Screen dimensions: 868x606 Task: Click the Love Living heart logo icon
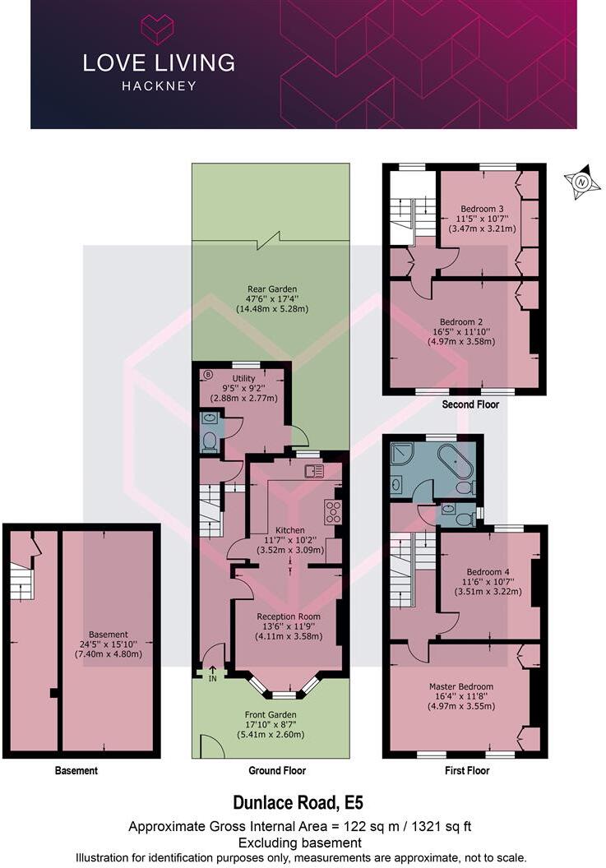pos(157,29)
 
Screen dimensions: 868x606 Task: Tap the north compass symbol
pos(581,181)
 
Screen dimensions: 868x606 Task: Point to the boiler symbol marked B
pos(207,374)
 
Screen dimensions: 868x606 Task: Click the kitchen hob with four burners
pos(334,511)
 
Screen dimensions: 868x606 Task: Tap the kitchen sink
pos(314,470)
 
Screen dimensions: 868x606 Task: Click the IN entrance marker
pos(212,675)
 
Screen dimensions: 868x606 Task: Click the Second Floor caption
pos(470,404)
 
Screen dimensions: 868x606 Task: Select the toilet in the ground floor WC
pos(209,442)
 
